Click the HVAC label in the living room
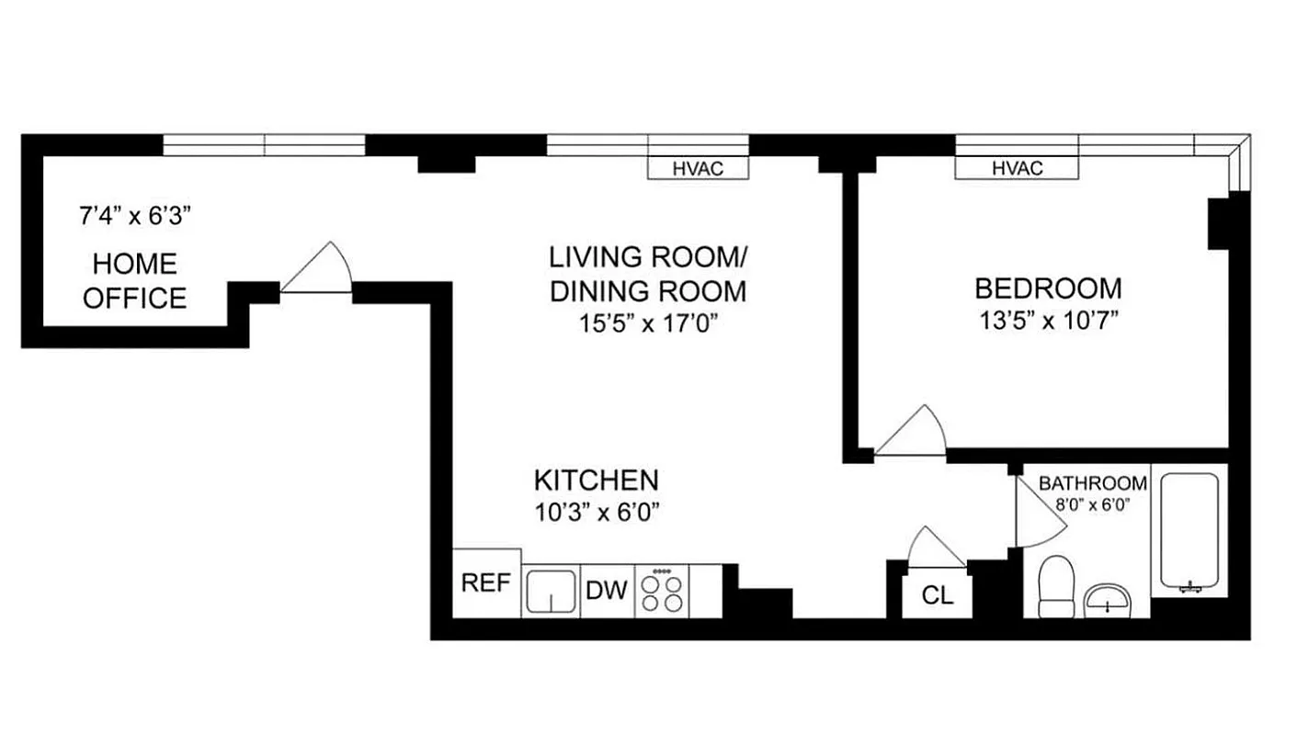(x=698, y=169)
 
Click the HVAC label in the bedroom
(x=1017, y=169)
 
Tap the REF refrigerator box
(x=486, y=584)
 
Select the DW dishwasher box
(x=607, y=590)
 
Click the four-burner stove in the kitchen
(x=663, y=591)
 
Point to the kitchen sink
(x=551, y=591)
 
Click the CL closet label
(x=938, y=595)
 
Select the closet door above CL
(x=936, y=548)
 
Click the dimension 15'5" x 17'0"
(x=647, y=324)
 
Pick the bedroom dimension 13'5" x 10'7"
(x=1048, y=321)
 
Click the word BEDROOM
(x=1048, y=288)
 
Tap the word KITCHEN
(x=597, y=480)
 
